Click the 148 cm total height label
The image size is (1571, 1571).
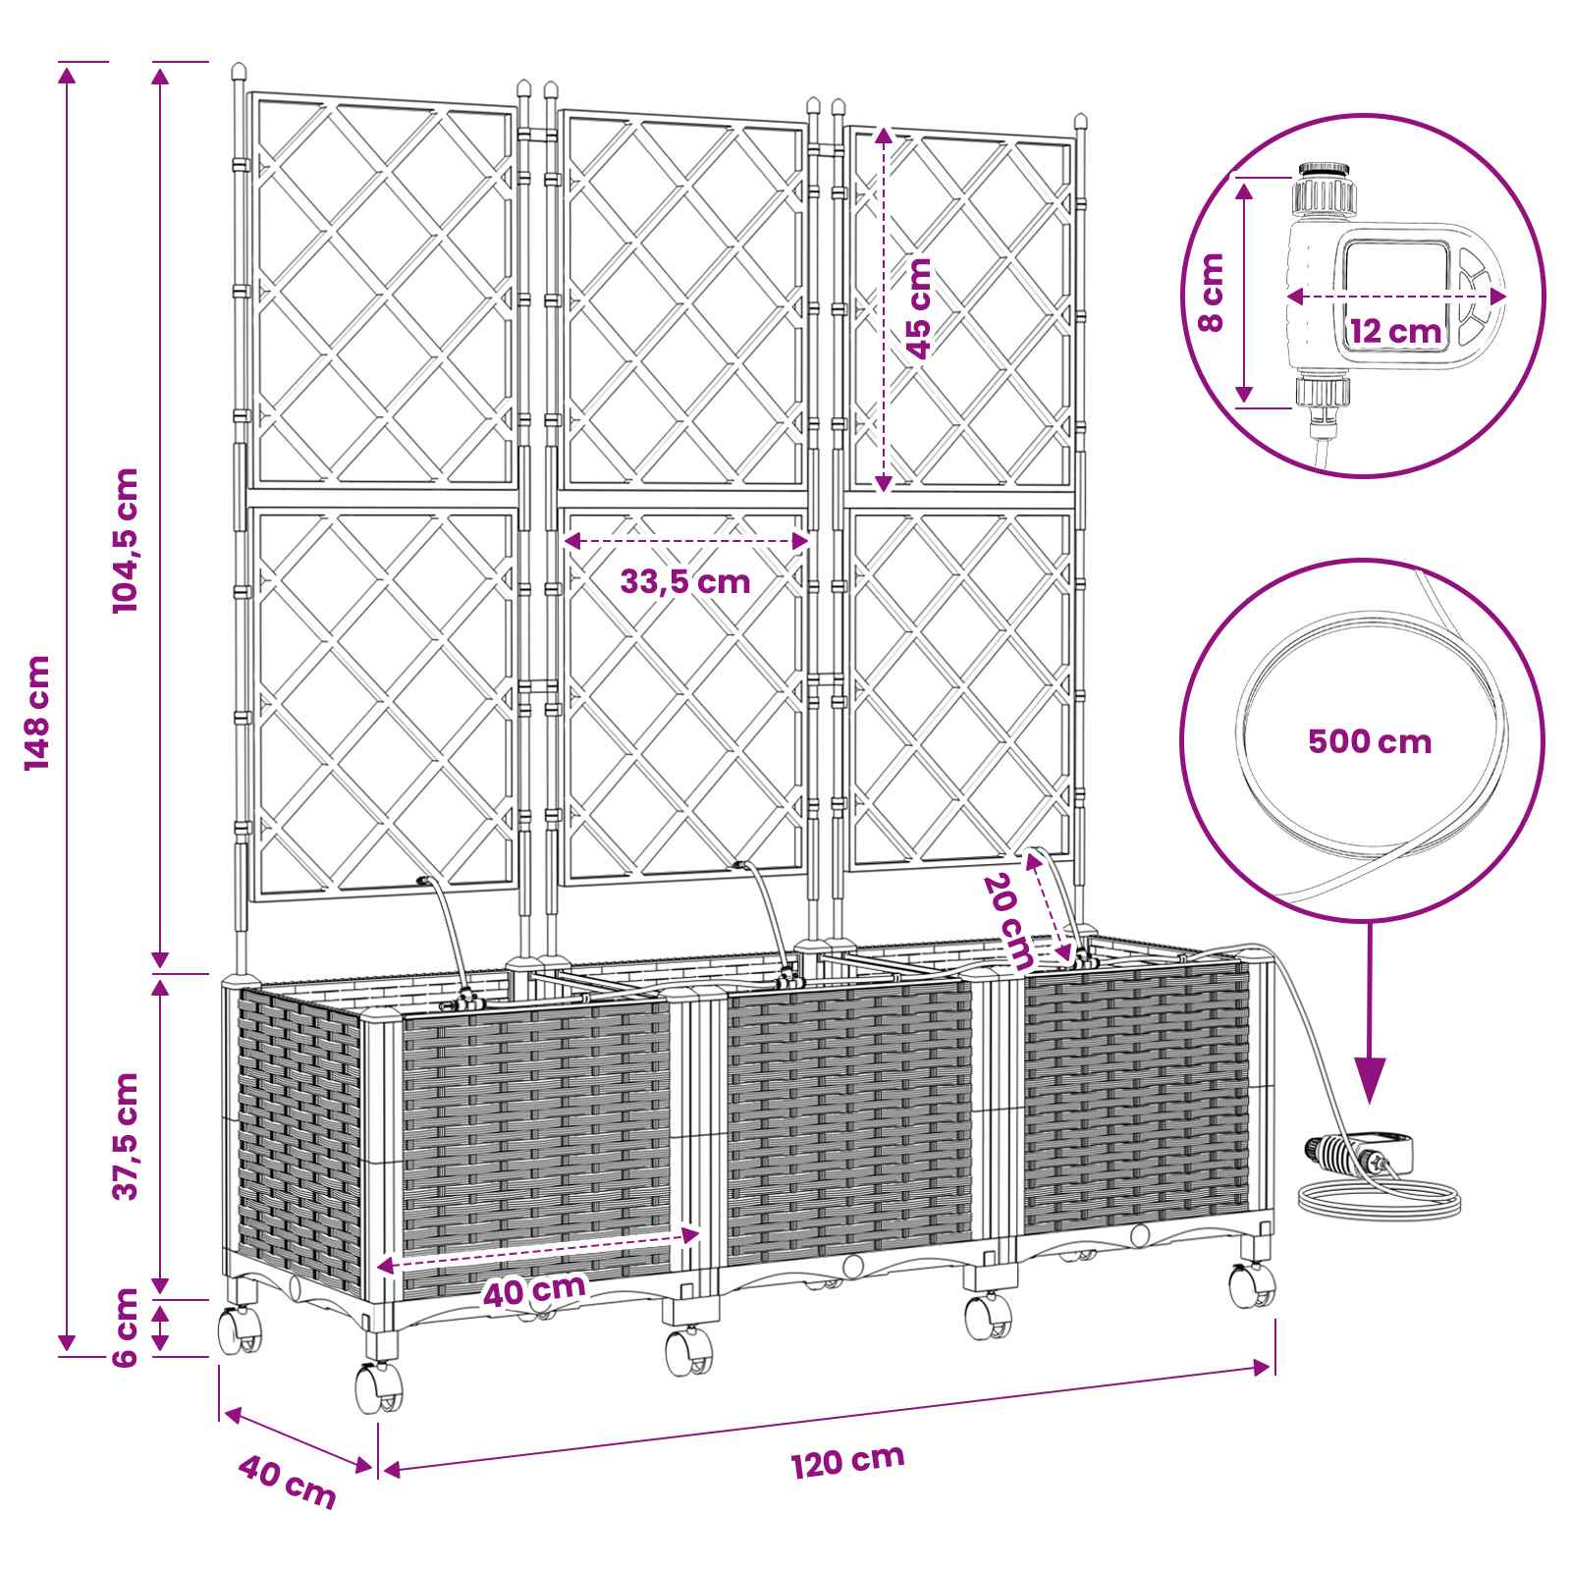38,712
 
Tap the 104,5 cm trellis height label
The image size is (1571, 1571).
126,540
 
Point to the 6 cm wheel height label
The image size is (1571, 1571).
126,1327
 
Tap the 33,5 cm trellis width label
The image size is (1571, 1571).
684,581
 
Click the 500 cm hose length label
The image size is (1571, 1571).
1370,740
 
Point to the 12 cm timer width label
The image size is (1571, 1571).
1394,330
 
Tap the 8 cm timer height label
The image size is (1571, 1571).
1213,293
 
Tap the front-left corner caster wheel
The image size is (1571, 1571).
378,1388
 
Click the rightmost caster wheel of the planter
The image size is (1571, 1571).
1253,1285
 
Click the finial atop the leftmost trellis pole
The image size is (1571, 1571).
238,73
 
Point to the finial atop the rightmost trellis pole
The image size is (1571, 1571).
1081,125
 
